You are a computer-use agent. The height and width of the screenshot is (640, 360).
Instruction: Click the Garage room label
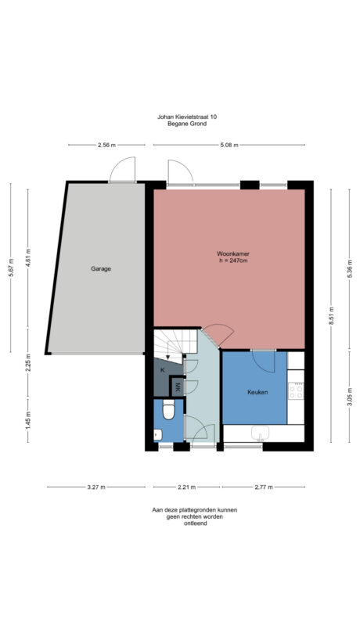click(x=100, y=268)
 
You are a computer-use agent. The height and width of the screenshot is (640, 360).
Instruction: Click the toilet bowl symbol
click(x=167, y=412)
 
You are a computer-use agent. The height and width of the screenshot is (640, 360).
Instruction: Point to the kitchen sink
click(x=261, y=433)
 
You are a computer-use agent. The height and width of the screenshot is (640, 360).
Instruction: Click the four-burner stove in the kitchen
click(x=296, y=389)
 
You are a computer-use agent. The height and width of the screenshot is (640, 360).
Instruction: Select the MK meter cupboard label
click(x=178, y=387)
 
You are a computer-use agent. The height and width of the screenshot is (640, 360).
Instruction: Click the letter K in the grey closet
click(x=163, y=369)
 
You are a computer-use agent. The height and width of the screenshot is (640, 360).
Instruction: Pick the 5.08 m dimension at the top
click(x=229, y=145)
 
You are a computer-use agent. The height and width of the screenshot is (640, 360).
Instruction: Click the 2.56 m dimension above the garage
click(x=106, y=145)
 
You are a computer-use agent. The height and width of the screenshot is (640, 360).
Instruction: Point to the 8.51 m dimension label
click(x=331, y=319)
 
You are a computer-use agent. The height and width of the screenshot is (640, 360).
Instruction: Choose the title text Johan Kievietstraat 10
click(x=187, y=117)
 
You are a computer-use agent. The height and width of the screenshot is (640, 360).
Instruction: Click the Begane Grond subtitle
click(x=187, y=124)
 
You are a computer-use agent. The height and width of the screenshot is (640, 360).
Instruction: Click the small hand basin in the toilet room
click(x=156, y=435)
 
